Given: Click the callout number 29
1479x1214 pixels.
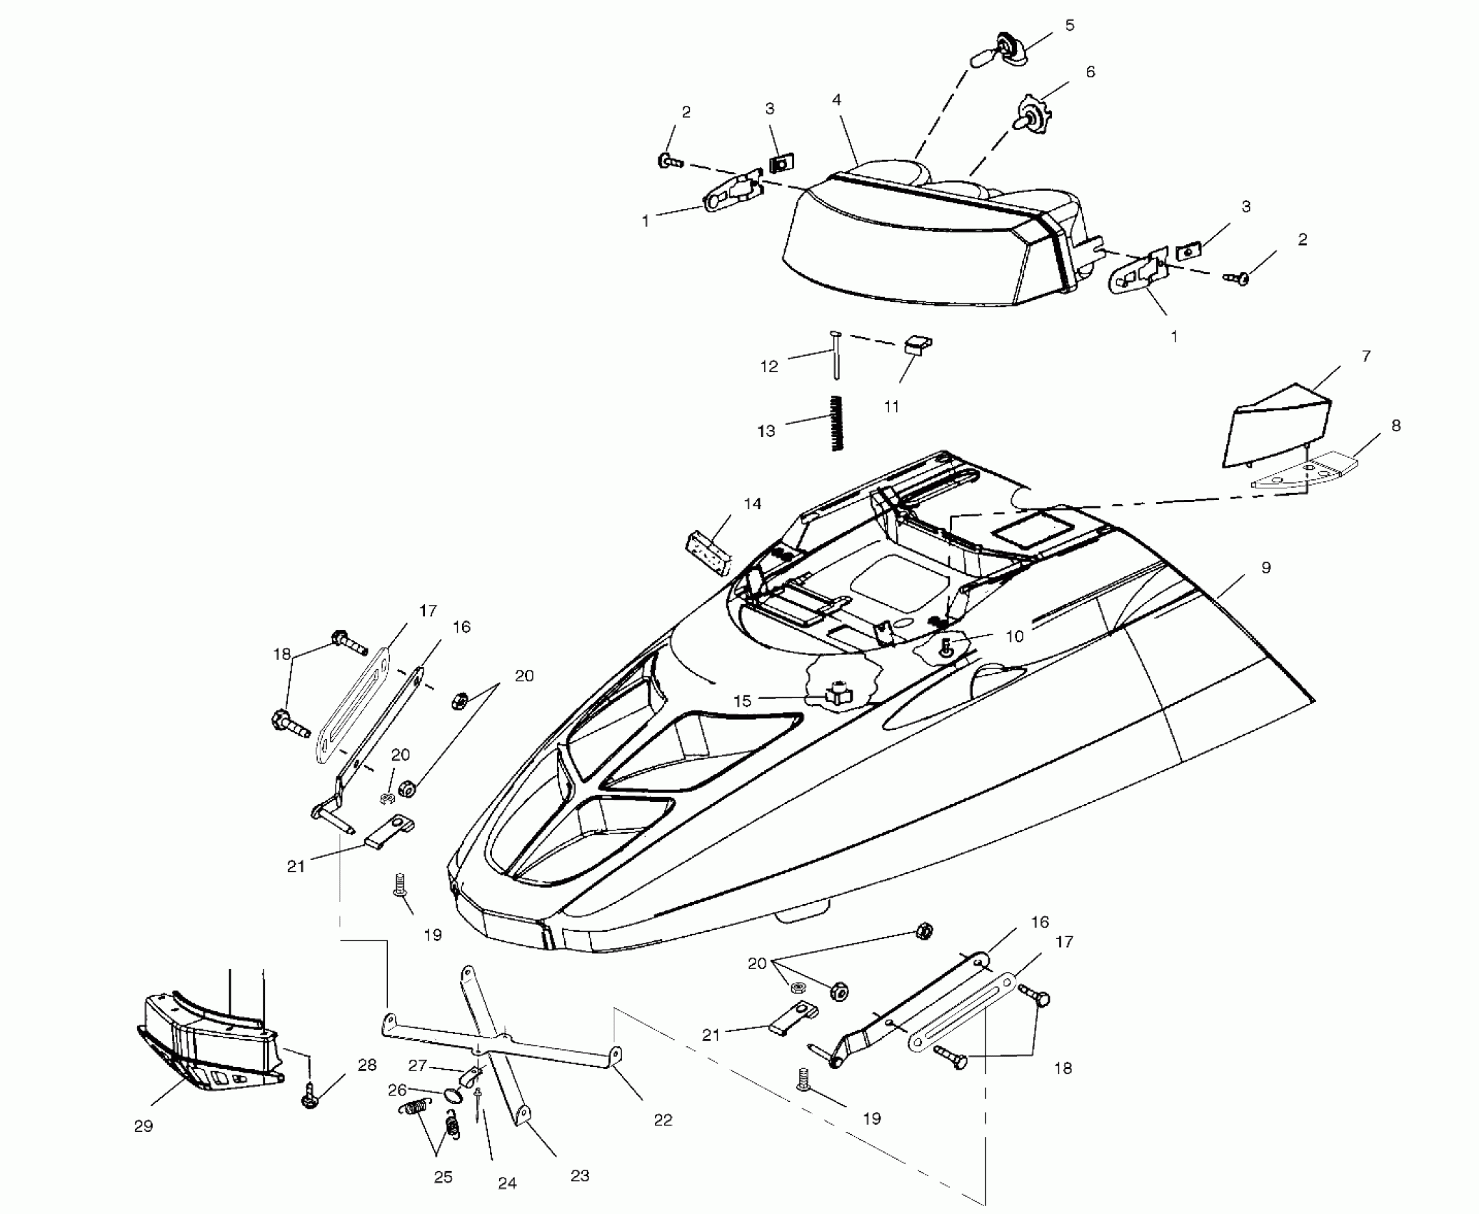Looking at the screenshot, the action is tap(144, 1126).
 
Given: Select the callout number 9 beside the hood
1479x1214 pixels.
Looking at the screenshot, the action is tap(1266, 568).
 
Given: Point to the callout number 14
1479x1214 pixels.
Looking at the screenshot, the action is tap(752, 504).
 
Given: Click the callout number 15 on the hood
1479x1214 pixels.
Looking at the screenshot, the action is tap(743, 701).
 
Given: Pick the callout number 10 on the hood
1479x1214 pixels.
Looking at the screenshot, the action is tap(1014, 636).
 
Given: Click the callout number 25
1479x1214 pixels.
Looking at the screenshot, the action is tap(443, 1177).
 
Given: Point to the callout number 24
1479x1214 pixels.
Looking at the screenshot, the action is tap(507, 1183).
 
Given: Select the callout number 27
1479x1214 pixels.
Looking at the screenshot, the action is tap(417, 1065).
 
